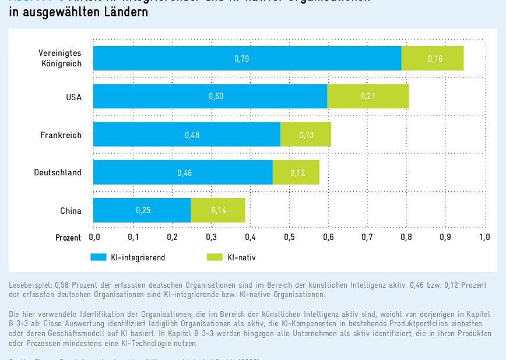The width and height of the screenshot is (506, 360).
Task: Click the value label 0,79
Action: [x=242, y=59]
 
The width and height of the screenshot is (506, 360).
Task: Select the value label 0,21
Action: [x=368, y=96]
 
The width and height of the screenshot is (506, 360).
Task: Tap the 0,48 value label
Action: [x=192, y=135]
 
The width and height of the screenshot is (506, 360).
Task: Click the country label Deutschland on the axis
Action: [x=58, y=172]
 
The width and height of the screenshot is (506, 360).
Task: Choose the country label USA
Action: [x=73, y=97]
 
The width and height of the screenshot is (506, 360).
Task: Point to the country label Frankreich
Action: [x=61, y=135]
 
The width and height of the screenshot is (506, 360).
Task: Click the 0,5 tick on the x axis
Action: [x=289, y=238]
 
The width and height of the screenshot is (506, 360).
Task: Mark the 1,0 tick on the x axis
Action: [x=484, y=238]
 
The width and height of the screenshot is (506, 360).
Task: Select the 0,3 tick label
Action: [x=211, y=238]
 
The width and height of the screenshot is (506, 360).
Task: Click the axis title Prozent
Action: [x=68, y=238]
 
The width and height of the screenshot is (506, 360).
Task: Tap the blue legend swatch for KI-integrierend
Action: [x=97, y=257]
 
